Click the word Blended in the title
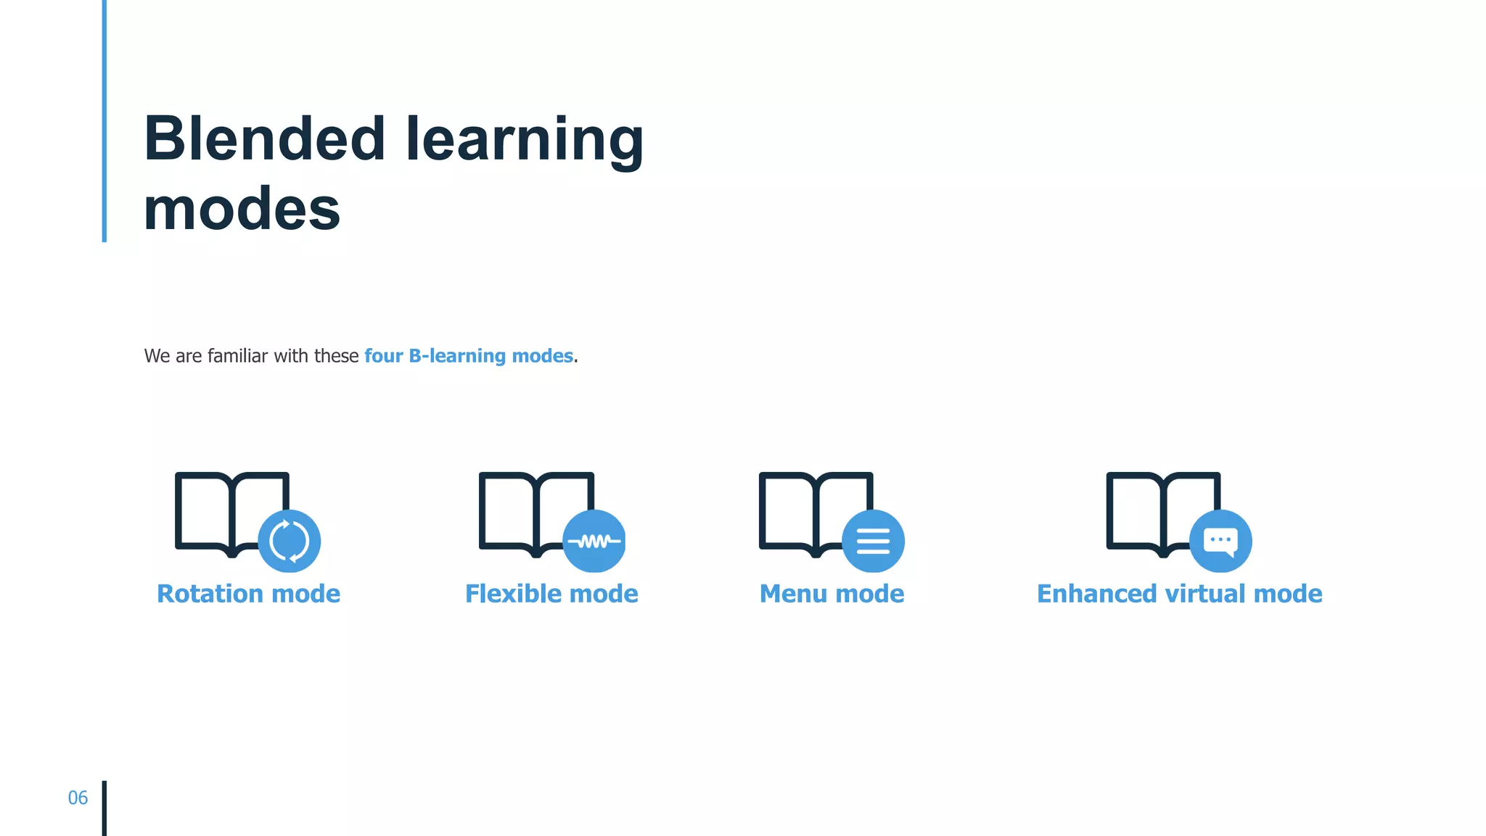point(264,138)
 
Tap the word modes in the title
point(242,209)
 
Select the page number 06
point(78,798)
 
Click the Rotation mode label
point(248,594)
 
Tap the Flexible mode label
point(551,594)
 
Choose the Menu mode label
point(832,594)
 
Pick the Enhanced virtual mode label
point(1179,594)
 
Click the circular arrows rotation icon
point(290,541)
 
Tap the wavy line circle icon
point(594,541)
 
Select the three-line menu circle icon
point(873,541)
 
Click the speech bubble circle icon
point(1220,541)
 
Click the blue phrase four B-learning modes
point(469,356)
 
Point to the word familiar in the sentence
point(237,356)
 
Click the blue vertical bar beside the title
point(104,120)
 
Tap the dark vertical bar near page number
point(104,808)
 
